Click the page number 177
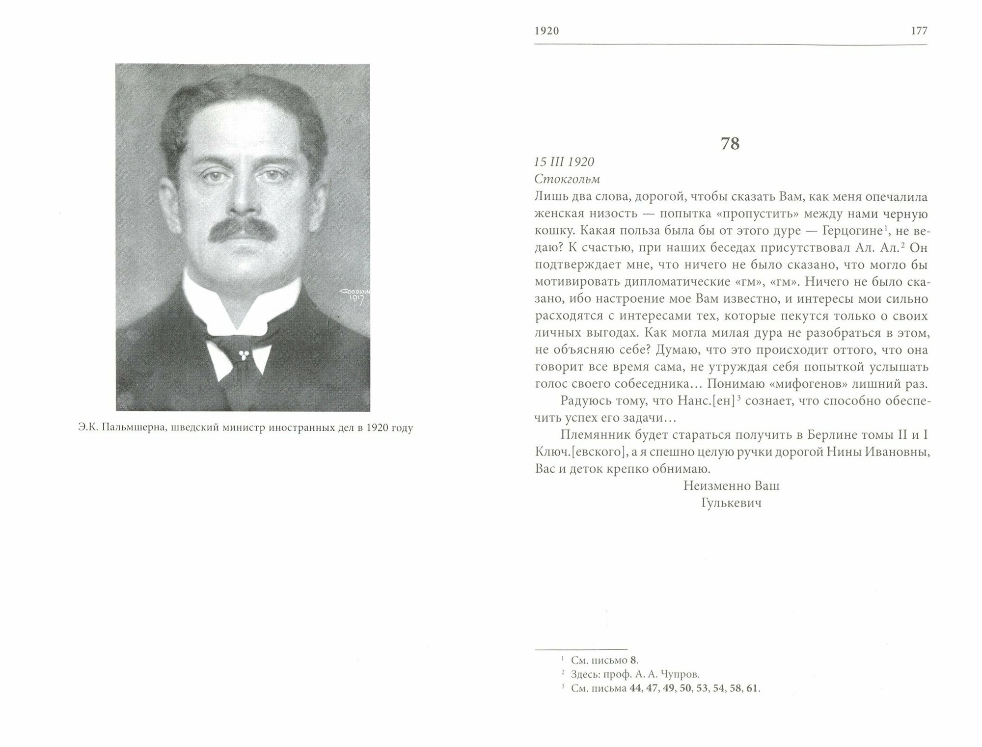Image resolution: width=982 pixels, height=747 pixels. [x=919, y=31]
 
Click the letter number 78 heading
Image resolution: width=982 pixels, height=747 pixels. [x=730, y=144]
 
